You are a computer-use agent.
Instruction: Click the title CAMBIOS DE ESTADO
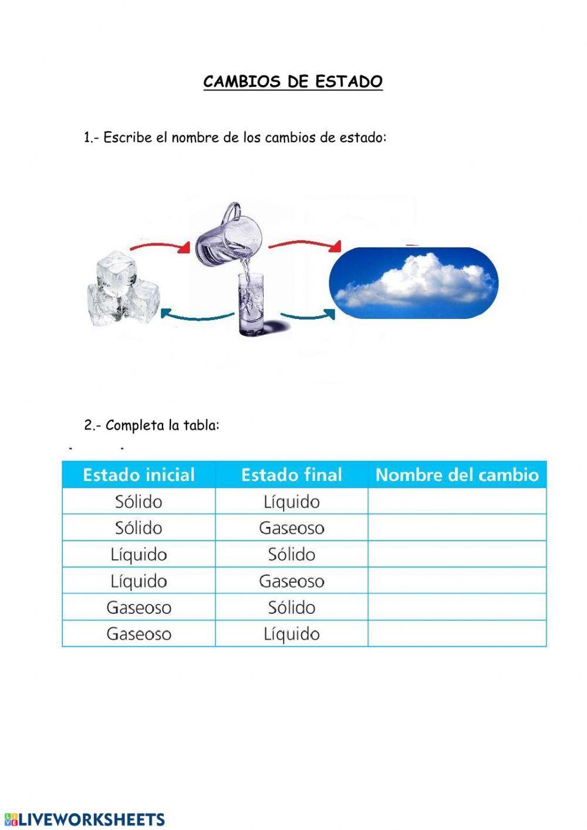pos(293,82)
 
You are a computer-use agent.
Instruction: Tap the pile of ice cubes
pos(123,290)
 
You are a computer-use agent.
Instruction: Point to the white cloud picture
pos(414,283)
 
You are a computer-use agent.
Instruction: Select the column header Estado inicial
pos(139,475)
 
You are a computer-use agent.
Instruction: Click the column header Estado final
pos(291,475)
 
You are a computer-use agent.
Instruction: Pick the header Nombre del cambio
pos(457,475)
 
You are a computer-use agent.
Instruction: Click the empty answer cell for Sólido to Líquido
pos(457,502)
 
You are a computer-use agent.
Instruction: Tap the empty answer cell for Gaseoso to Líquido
pos(457,634)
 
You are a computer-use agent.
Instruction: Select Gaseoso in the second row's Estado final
pos(291,528)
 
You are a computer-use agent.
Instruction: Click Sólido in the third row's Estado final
pos(291,555)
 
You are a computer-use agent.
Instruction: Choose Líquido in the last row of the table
pos(291,634)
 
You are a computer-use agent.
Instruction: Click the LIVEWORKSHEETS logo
pos(85,819)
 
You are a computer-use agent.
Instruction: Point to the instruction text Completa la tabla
pos(162,425)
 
